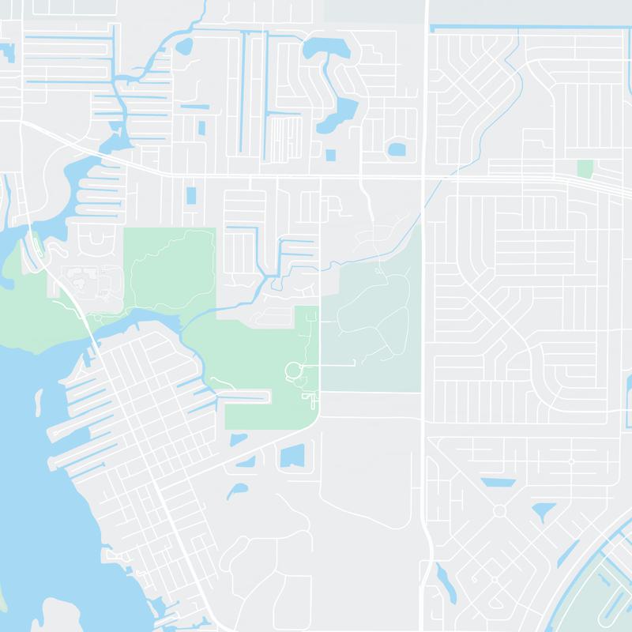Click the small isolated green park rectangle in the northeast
tap(585, 168)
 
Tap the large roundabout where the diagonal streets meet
tap(499, 511)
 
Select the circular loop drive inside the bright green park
tap(292, 370)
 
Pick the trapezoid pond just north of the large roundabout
tap(498, 482)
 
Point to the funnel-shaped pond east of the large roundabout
tap(543, 513)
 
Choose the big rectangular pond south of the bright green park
tap(292, 456)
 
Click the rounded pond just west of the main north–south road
tap(396, 149)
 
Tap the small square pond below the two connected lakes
tap(330, 155)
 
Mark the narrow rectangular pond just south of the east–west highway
tap(190, 196)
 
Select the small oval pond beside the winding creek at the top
tap(184, 45)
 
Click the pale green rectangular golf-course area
tap(371, 328)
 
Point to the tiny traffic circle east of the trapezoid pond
tap(570, 461)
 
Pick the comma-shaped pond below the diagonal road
tap(235, 491)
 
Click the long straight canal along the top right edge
tap(529, 28)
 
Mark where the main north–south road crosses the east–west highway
tap(425, 176)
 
